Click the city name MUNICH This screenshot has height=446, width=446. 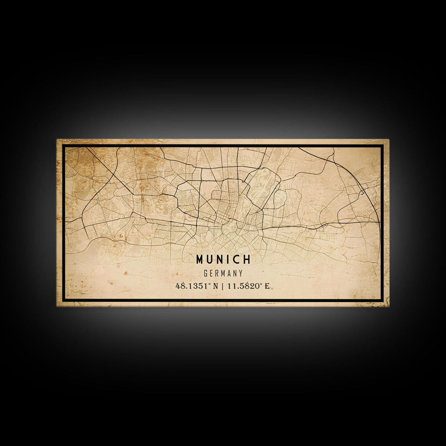tap(223, 259)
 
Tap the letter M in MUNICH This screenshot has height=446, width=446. tap(200, 260)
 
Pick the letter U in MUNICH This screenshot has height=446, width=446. tap(210, 260)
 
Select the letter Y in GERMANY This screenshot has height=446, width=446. tap(241, 273)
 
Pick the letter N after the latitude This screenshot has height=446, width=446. tap(216, 286)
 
